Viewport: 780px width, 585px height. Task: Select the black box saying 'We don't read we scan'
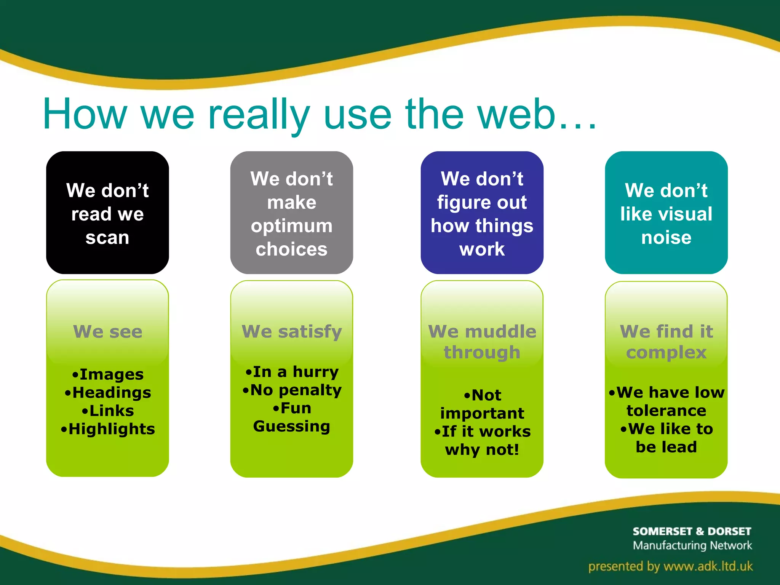(x=107, y=213)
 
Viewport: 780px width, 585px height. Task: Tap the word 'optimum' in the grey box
(x=291, y=226)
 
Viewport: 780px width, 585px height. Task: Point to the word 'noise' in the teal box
(x=666, y=238)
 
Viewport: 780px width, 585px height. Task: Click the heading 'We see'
(x=108, y=331)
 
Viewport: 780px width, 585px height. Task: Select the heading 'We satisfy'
(x=292, y=331)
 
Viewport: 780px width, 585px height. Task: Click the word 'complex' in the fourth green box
(x=666, y=352)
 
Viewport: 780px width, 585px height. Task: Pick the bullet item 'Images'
(x=111, y=374)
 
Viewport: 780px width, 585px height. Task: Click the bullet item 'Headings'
(x=111, y=393)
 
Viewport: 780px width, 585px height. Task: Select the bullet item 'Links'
(x=111, y=411)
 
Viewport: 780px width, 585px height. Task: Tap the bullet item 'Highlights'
(x=111, y=429)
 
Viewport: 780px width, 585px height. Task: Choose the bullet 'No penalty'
(x=296, y=390)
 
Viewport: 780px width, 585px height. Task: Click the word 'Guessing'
(x=292, y=426)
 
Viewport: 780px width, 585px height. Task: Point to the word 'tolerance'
(x=666, y=411)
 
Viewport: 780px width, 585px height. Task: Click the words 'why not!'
(x=482, y=450)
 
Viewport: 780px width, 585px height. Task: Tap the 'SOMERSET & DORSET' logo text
(x=692, y=531)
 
